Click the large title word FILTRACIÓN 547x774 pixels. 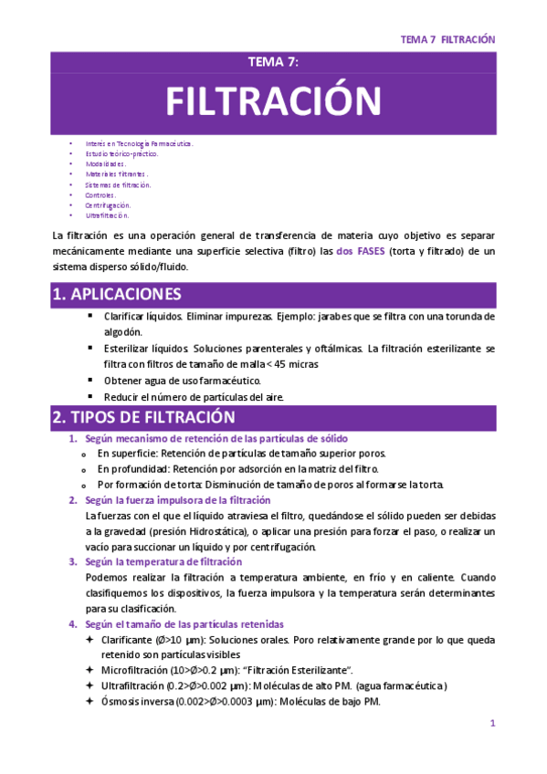(273, 100)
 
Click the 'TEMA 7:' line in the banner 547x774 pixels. (273, 62)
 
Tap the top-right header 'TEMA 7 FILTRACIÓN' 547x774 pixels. (447, 40)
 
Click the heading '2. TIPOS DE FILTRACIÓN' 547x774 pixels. (144, 417)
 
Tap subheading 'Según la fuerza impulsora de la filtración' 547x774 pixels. (178, 499)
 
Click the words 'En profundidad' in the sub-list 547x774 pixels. (136, 468)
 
